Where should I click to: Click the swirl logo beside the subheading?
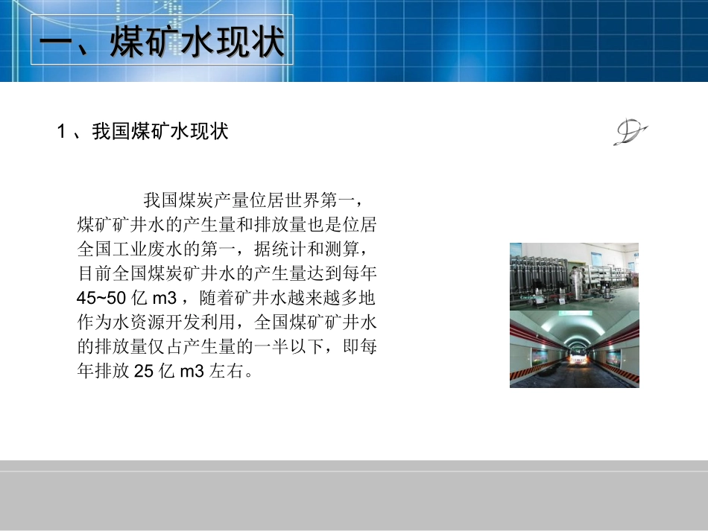[x=630, y=133]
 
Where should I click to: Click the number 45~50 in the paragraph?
[x=101, y=299]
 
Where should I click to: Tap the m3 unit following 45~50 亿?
[x=163, y=299]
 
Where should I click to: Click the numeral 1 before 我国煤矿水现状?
[x=62, y=133]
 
